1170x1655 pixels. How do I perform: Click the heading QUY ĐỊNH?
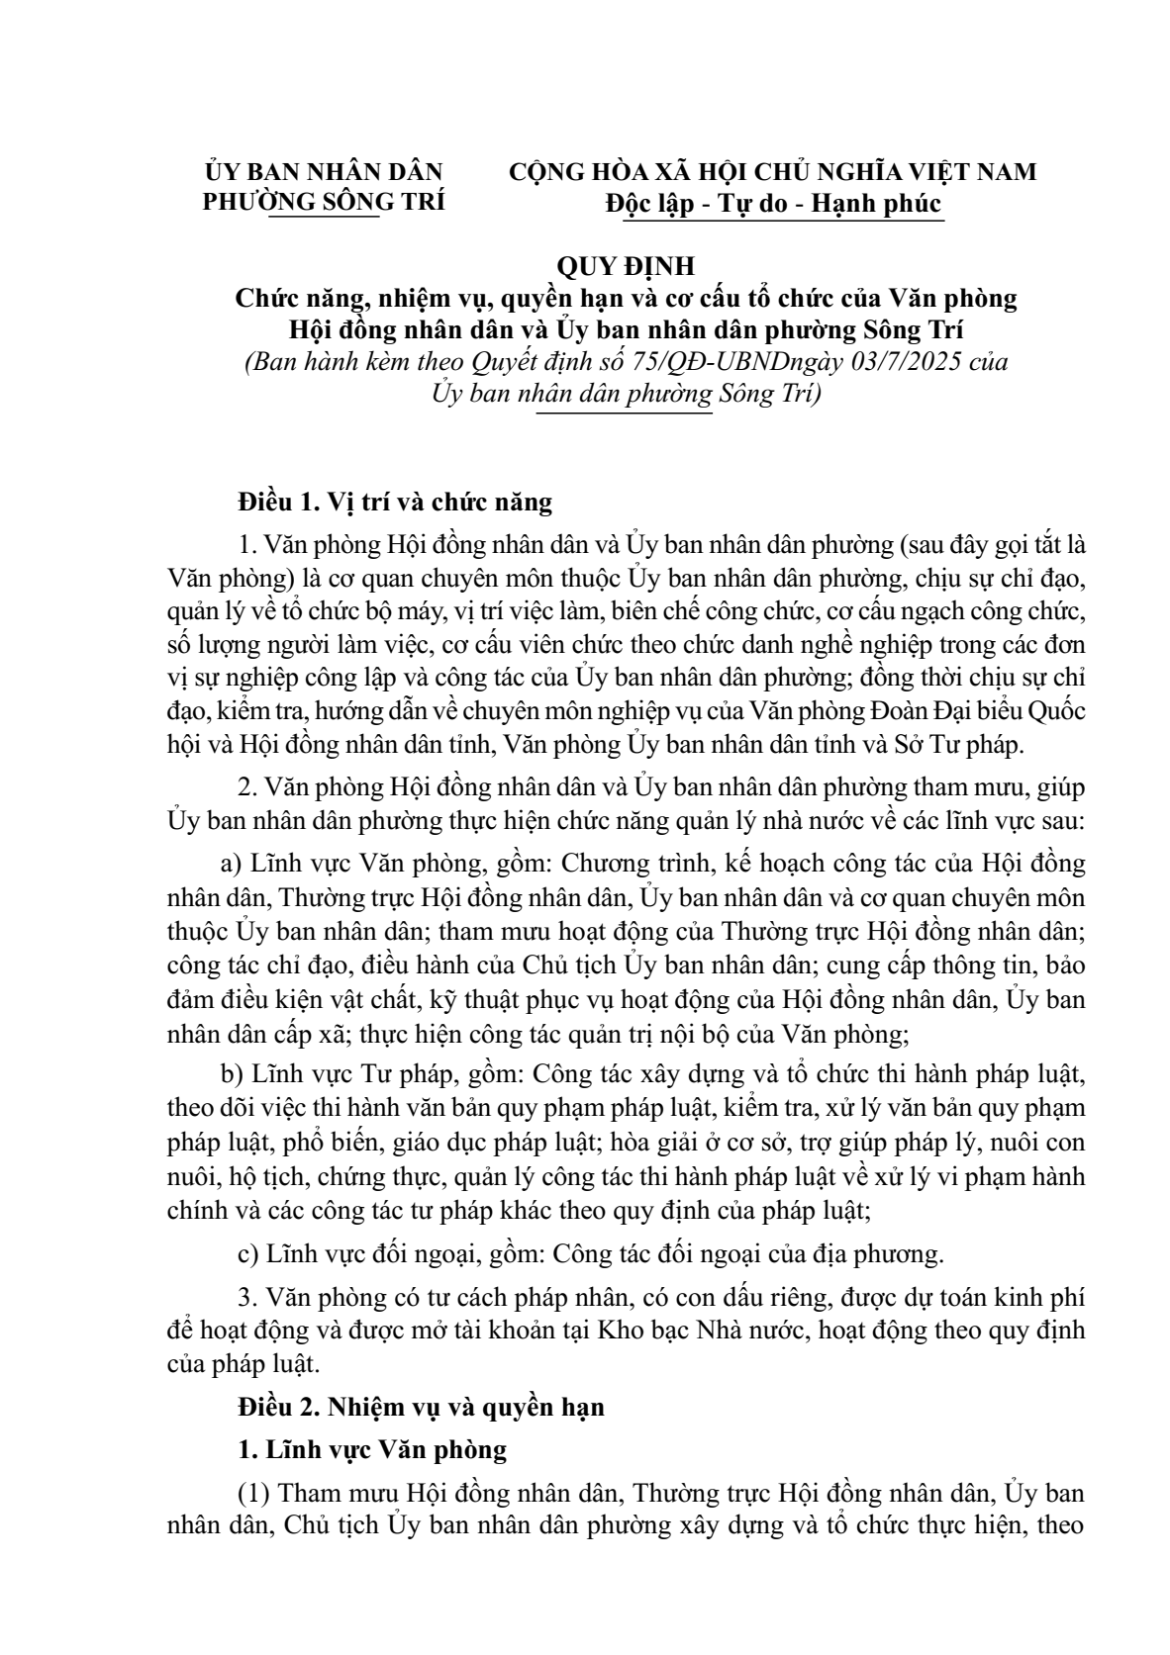click(x=627, y=266)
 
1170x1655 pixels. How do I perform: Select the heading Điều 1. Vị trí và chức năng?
click(x=394, y=502)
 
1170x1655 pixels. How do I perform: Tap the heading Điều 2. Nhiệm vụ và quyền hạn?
click(x=421, y=1407)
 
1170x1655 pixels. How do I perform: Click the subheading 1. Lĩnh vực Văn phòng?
click(x=372, y=1450)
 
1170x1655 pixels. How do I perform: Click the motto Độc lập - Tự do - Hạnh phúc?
click(x=774, y=203)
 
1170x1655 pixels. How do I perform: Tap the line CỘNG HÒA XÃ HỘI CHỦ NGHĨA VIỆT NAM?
click(x=773, y=171)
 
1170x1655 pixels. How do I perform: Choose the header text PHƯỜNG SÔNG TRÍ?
click(x=324, y=201)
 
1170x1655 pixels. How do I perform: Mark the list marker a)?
click(x=231, y=864)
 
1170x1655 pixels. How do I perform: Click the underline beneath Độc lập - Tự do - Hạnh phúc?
click(x=774, y=221)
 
